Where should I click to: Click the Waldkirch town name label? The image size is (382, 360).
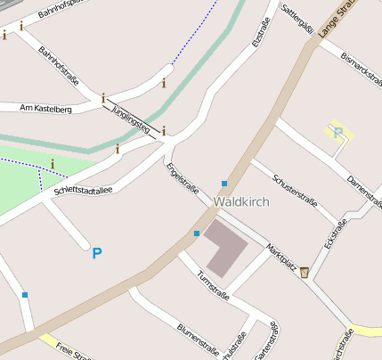[241, 202]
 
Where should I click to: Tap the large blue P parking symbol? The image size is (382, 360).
[97, 254]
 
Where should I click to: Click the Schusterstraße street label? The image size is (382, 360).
[301, 185]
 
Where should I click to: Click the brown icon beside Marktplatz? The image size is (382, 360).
[305, 272]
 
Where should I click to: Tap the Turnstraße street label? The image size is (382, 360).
[214, 285]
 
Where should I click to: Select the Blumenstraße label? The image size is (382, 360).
[199, 339]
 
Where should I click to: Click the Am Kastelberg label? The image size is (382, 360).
[45, 108]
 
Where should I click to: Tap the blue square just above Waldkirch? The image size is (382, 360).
[224, 184]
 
